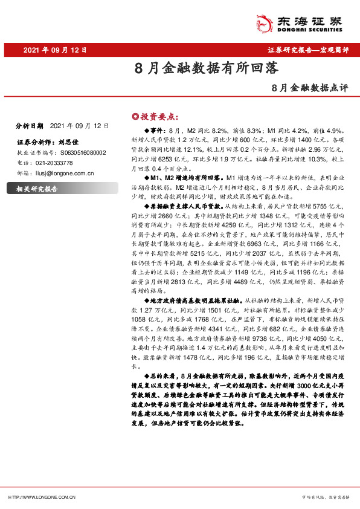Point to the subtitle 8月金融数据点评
(x=310, y=88)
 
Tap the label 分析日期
(x=28, y=126)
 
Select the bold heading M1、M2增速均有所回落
(x=185, y=178)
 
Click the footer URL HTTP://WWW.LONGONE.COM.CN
(x=42, y=497)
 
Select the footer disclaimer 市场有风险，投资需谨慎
(x=326, y=497)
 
